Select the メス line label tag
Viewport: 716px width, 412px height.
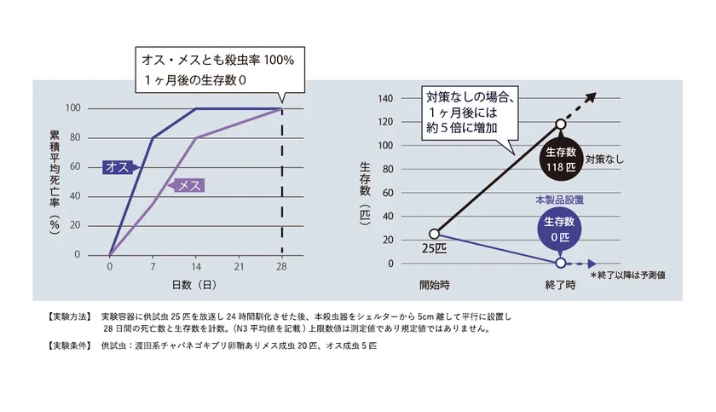tap(187, 185)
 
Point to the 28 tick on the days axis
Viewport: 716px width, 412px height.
tap(281, 266)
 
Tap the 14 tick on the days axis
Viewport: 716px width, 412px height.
tap(196, 266)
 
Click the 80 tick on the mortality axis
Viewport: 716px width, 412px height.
tap(75, 137)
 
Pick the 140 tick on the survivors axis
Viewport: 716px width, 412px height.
tap(385, 98)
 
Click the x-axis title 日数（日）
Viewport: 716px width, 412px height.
tap(194, 285)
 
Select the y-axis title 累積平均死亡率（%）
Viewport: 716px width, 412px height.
tap(55, 183)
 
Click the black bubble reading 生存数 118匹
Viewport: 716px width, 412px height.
tap(561, 159)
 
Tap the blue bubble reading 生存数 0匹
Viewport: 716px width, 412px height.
tap(559, 229)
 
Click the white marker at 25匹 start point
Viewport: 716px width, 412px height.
tap(434, 234)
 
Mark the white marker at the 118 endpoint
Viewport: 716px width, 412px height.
tap(561, 124)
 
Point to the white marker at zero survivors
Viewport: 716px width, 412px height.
tap(561, 263)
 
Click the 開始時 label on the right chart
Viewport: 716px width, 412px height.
tap(434, 285)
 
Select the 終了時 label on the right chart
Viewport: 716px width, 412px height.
tap(560, 285)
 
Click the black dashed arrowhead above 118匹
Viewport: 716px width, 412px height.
tap(592, 97)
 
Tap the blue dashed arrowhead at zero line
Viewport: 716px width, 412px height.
tap(592, 264)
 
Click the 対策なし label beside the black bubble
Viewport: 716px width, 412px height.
tap(604, 160)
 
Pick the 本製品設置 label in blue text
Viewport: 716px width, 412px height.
tap(559, 200)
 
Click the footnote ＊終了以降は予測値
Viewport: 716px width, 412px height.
tap(628, 275)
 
